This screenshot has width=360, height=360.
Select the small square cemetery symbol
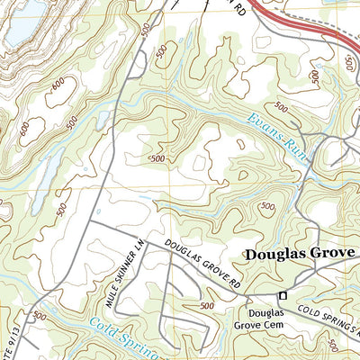(283, 296)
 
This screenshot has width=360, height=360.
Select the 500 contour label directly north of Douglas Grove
(267, 209)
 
